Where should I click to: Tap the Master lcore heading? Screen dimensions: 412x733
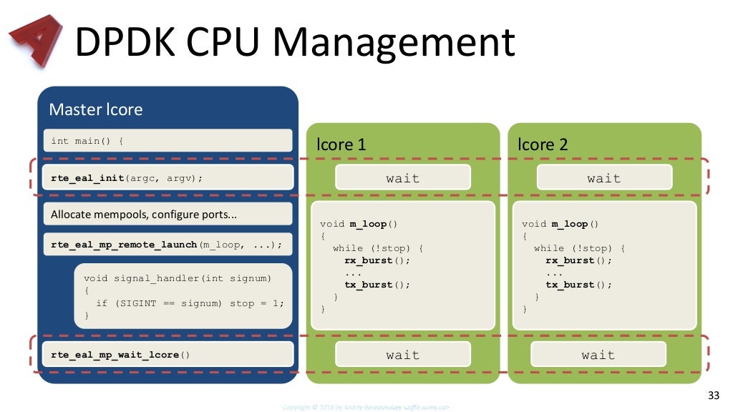95,109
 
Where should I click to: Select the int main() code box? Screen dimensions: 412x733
168,140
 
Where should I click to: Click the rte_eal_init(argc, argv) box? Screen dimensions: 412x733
168,177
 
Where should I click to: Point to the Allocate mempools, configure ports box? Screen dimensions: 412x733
168,214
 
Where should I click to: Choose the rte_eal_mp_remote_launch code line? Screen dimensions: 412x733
168,245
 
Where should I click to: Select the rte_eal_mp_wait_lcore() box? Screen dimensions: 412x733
168,354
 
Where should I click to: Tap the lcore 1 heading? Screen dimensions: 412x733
341,144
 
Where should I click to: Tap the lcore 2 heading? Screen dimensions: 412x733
543,144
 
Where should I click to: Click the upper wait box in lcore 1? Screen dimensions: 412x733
402,178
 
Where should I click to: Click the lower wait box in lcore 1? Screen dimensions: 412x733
402,355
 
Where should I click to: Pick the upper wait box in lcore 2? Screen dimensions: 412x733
604,178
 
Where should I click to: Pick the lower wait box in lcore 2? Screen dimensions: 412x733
598,355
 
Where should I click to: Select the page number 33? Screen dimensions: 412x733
713,396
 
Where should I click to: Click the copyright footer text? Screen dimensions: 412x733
366,407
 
